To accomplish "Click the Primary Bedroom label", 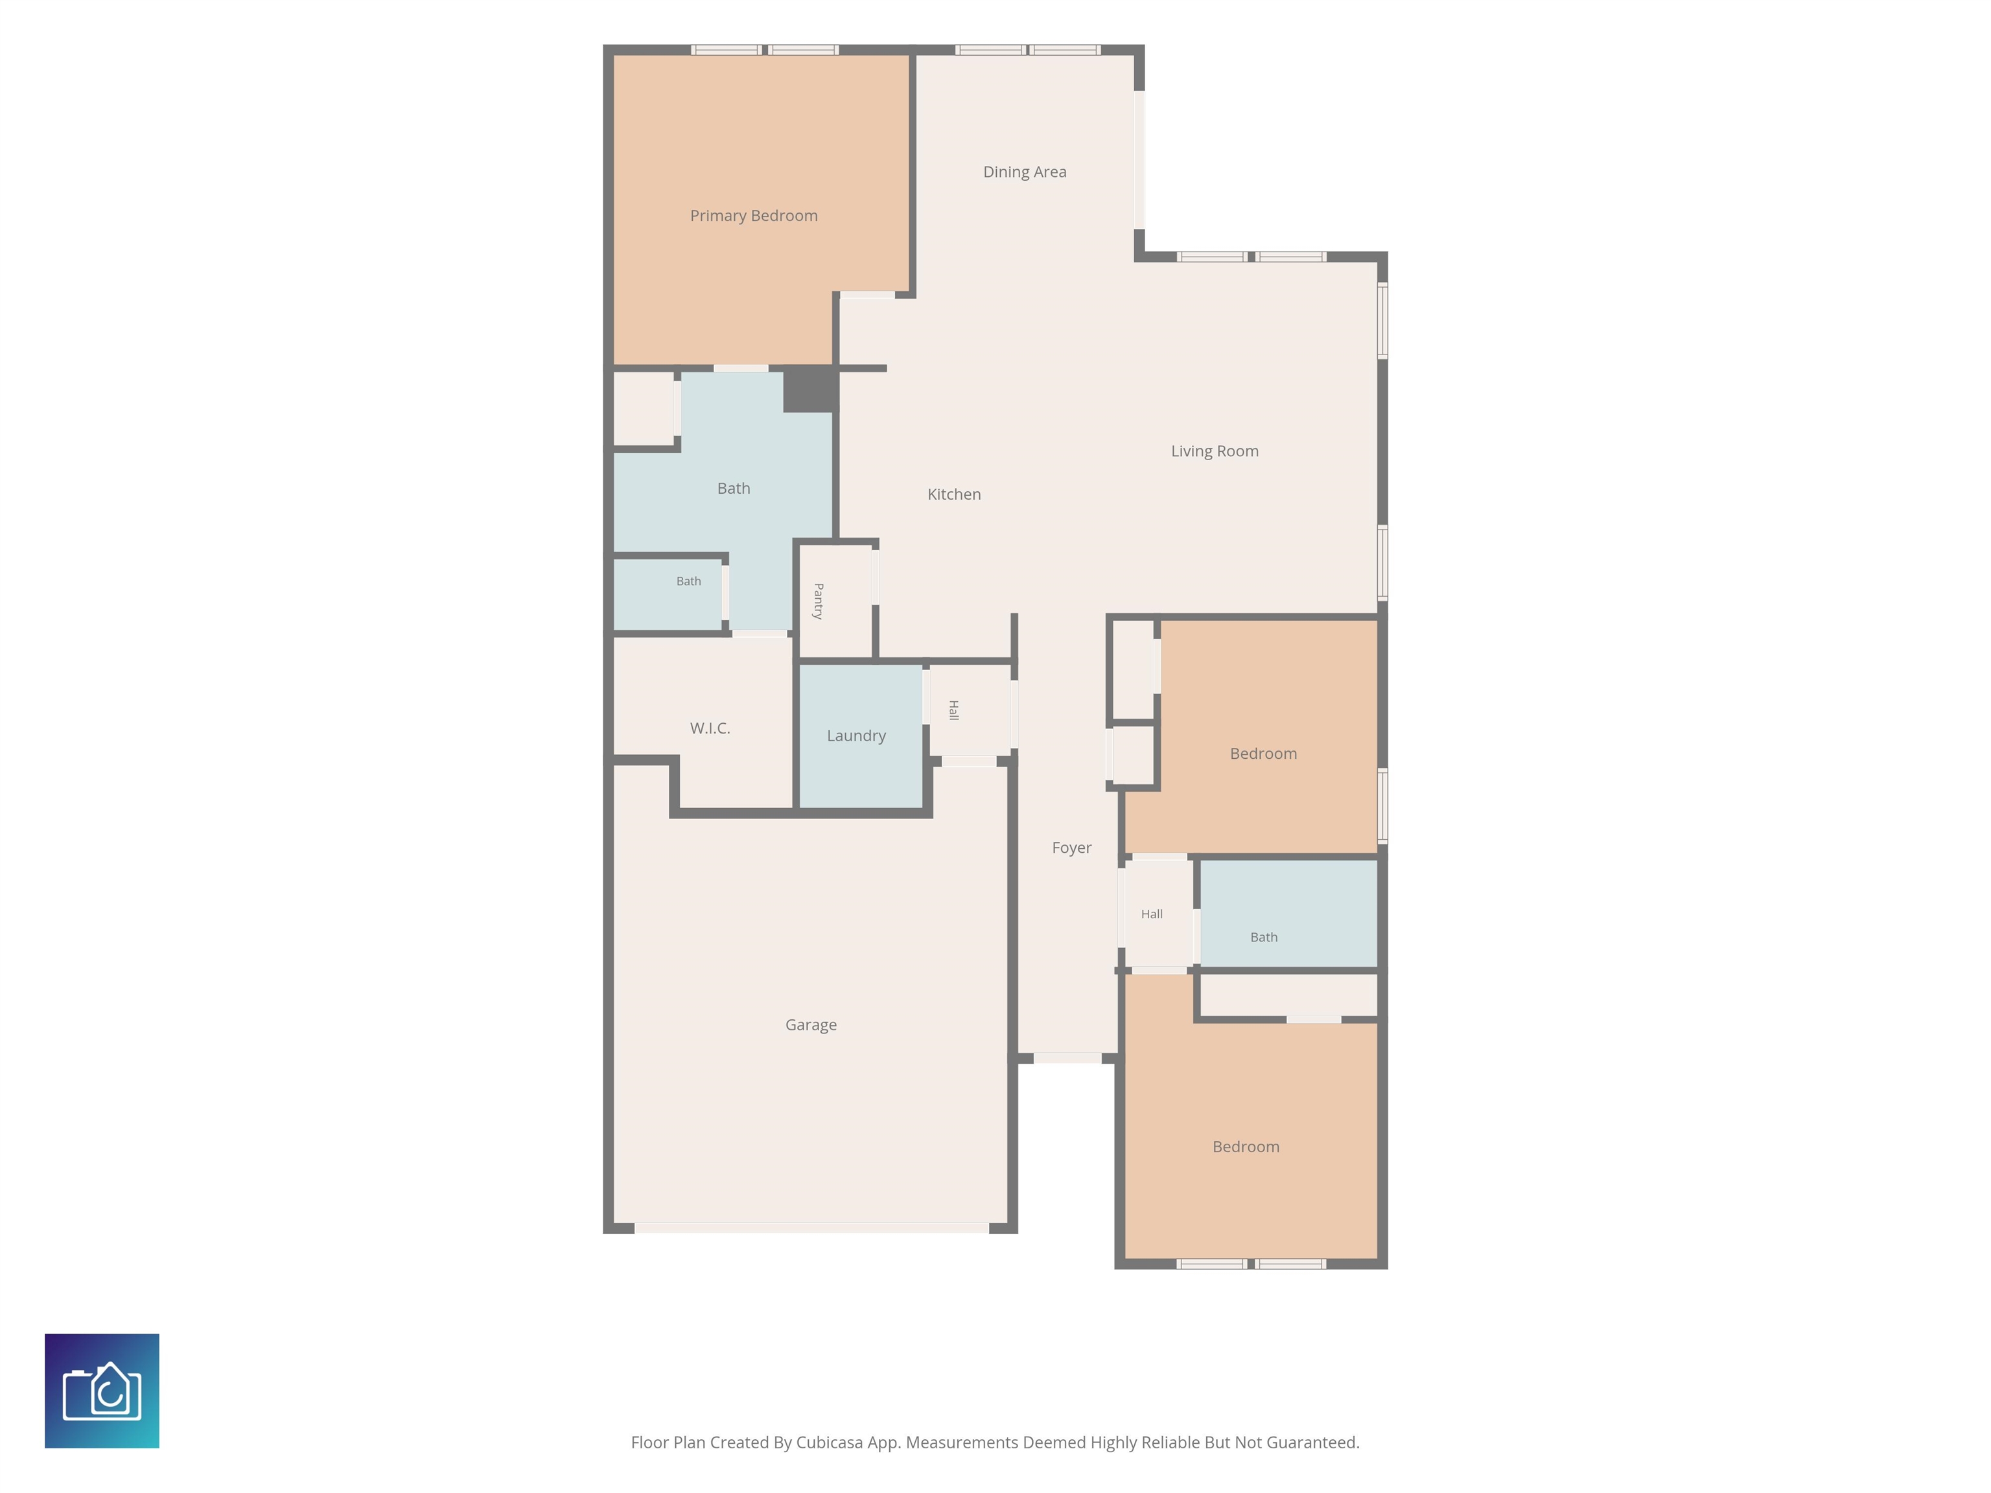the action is pyautogui.click(x=753, y=216).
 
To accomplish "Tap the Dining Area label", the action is pyautogui.click(x=1024, y=172).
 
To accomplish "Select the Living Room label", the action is pyautogui.click(x=1214, y=451).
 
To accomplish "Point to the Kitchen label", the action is pyautogui.click(x=954, y=494).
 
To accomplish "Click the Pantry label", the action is pyautogui.click(x=818, y=601).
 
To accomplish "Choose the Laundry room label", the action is pyautogui.click(x=856, y=736).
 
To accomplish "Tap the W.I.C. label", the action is pyautogui.click(x=710, y=728).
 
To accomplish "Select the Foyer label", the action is pyautogui.click(x=1071, y=848).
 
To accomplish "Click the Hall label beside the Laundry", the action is pyautogui.click(x=953, y=710).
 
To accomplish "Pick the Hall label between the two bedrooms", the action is pyautogui.click(x=1151, y=914).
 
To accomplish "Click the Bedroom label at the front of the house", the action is pyautogui.click(x=1246, y=1146).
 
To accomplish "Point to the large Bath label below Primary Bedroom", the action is pyautogui.click(x=734, y=489).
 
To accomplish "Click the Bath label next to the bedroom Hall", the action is pyautogui.click(x=1264, y=938).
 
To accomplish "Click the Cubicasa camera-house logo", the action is pyautogui.click(x=102, y=1391).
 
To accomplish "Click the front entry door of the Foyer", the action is pyautogui.click(x=1067, y=1058).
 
